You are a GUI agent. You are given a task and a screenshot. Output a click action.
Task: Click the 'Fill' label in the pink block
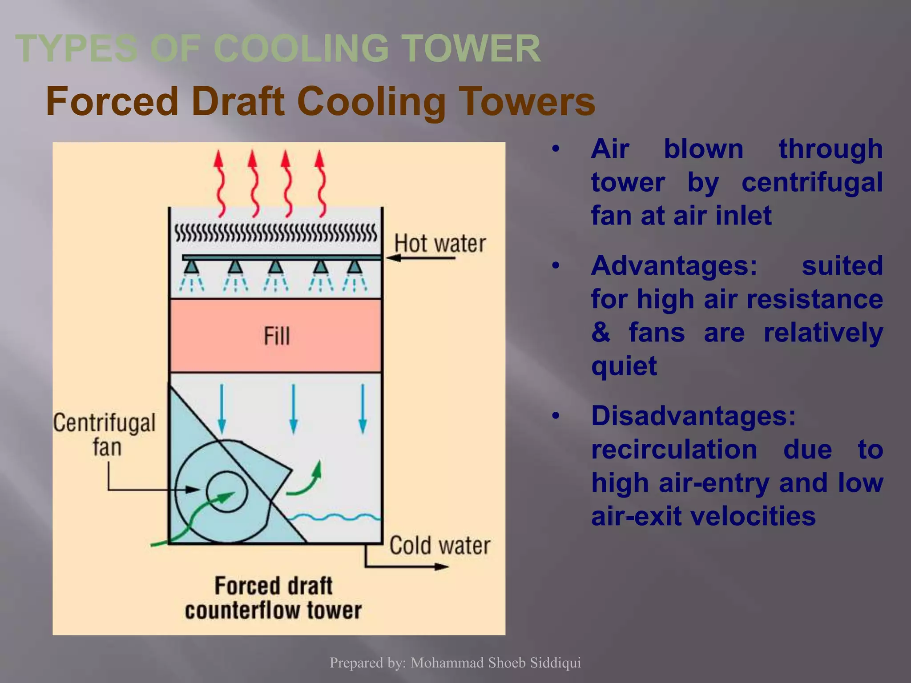coord(276,336)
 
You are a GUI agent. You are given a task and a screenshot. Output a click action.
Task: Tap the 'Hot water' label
coord(440,244)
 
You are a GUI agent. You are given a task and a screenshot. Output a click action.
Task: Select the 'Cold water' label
coord(439,545)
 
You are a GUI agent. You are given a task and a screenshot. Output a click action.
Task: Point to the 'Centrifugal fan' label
coord(105,434)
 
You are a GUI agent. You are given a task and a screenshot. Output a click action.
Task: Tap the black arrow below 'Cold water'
coord(407,566)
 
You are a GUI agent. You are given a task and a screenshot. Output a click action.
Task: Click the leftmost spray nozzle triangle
coord(191,267)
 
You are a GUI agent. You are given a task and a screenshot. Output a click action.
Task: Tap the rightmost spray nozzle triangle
coord(355,267)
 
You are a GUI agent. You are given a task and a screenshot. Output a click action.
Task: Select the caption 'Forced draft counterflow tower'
coord(273,598)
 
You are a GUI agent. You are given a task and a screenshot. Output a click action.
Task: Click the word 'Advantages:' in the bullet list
coord(674,265)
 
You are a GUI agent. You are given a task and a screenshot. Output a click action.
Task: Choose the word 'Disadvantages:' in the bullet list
coord(693,416)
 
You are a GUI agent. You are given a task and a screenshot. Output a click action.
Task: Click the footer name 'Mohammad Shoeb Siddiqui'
coord(496,663)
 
